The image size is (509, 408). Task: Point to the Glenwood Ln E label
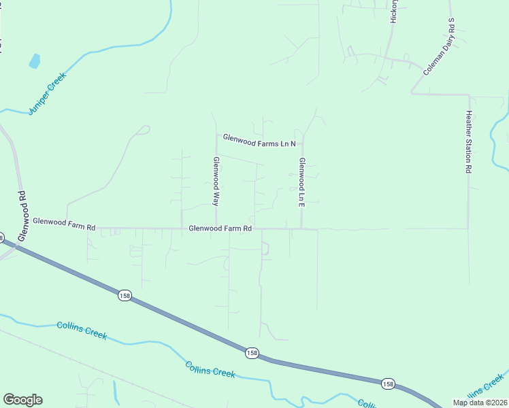click(301, 182)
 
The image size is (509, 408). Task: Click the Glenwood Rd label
click(22, 214)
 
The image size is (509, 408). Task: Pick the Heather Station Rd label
click(468, 141)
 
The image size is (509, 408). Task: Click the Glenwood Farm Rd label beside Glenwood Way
click(220, 228)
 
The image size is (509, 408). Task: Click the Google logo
click(22, 399)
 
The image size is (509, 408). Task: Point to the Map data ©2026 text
click(479, 403)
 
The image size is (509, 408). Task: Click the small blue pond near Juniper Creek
click(34, 62)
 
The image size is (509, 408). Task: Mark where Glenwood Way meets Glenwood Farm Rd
click(216, 228)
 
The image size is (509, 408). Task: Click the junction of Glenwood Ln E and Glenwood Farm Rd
click(301, 228)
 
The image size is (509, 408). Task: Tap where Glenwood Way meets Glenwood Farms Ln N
click(216, 135)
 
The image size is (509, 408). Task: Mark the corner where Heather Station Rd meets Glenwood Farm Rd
click(468, 228)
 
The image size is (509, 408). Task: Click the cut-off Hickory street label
click(393, 13)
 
